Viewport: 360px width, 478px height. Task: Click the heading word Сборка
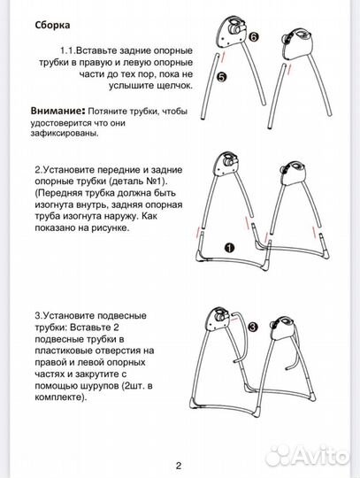pos(53,27)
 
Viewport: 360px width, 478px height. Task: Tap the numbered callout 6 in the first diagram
pos(254,38)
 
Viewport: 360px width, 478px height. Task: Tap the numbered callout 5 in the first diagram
pos(221,78)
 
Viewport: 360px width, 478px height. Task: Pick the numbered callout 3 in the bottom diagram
pos(252,328)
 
